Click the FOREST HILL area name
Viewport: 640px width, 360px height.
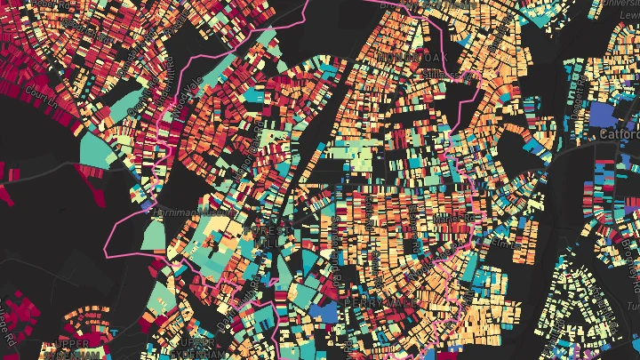[267, 236]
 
